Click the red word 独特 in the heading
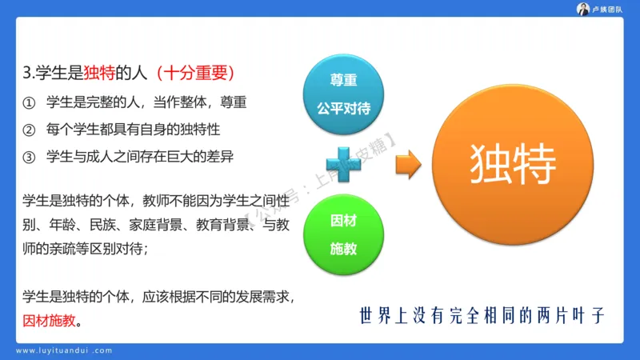pos(99,74)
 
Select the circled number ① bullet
pos(30,102)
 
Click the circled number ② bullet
pos(30,130)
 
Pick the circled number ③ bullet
pos(30,157)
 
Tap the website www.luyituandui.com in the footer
pos(65,350)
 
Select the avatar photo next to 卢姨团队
pos(584,9)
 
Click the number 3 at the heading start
pos(28,74)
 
